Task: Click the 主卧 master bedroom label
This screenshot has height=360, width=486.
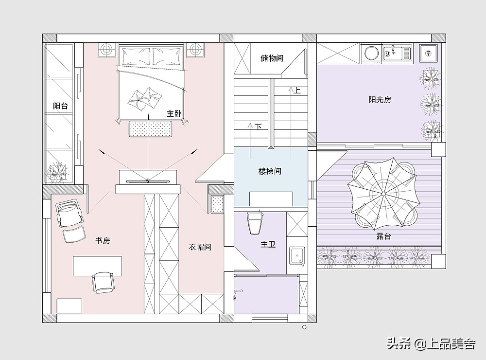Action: (174, 113)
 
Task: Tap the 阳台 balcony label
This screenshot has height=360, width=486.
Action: (60, 106)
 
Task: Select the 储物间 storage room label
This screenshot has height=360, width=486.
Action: (272, 58)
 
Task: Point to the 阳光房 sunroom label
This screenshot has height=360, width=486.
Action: (380, 100)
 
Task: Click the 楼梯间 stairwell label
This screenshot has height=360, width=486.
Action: (270, 171)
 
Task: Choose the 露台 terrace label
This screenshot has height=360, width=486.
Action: (384, 236)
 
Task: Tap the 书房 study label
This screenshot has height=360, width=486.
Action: (103, 240)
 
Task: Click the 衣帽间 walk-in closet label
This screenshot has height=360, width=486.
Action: (200, 247)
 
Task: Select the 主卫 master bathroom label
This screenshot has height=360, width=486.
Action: (268, 245)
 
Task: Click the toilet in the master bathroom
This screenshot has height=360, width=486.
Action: (255, 222)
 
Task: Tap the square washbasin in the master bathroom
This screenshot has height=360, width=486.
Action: (297, 256)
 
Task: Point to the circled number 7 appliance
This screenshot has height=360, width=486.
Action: (428, 54)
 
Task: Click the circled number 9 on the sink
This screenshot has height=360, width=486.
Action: (387, 53)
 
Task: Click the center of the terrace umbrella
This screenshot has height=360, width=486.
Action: (384, 194)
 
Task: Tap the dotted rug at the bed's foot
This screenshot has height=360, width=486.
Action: (151, 128)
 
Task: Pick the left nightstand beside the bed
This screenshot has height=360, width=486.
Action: (106, 49)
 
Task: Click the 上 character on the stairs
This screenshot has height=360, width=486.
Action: (297, 90)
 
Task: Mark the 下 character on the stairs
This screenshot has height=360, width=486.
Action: (258, 126)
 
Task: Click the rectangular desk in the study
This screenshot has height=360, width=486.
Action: (97, 266)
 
